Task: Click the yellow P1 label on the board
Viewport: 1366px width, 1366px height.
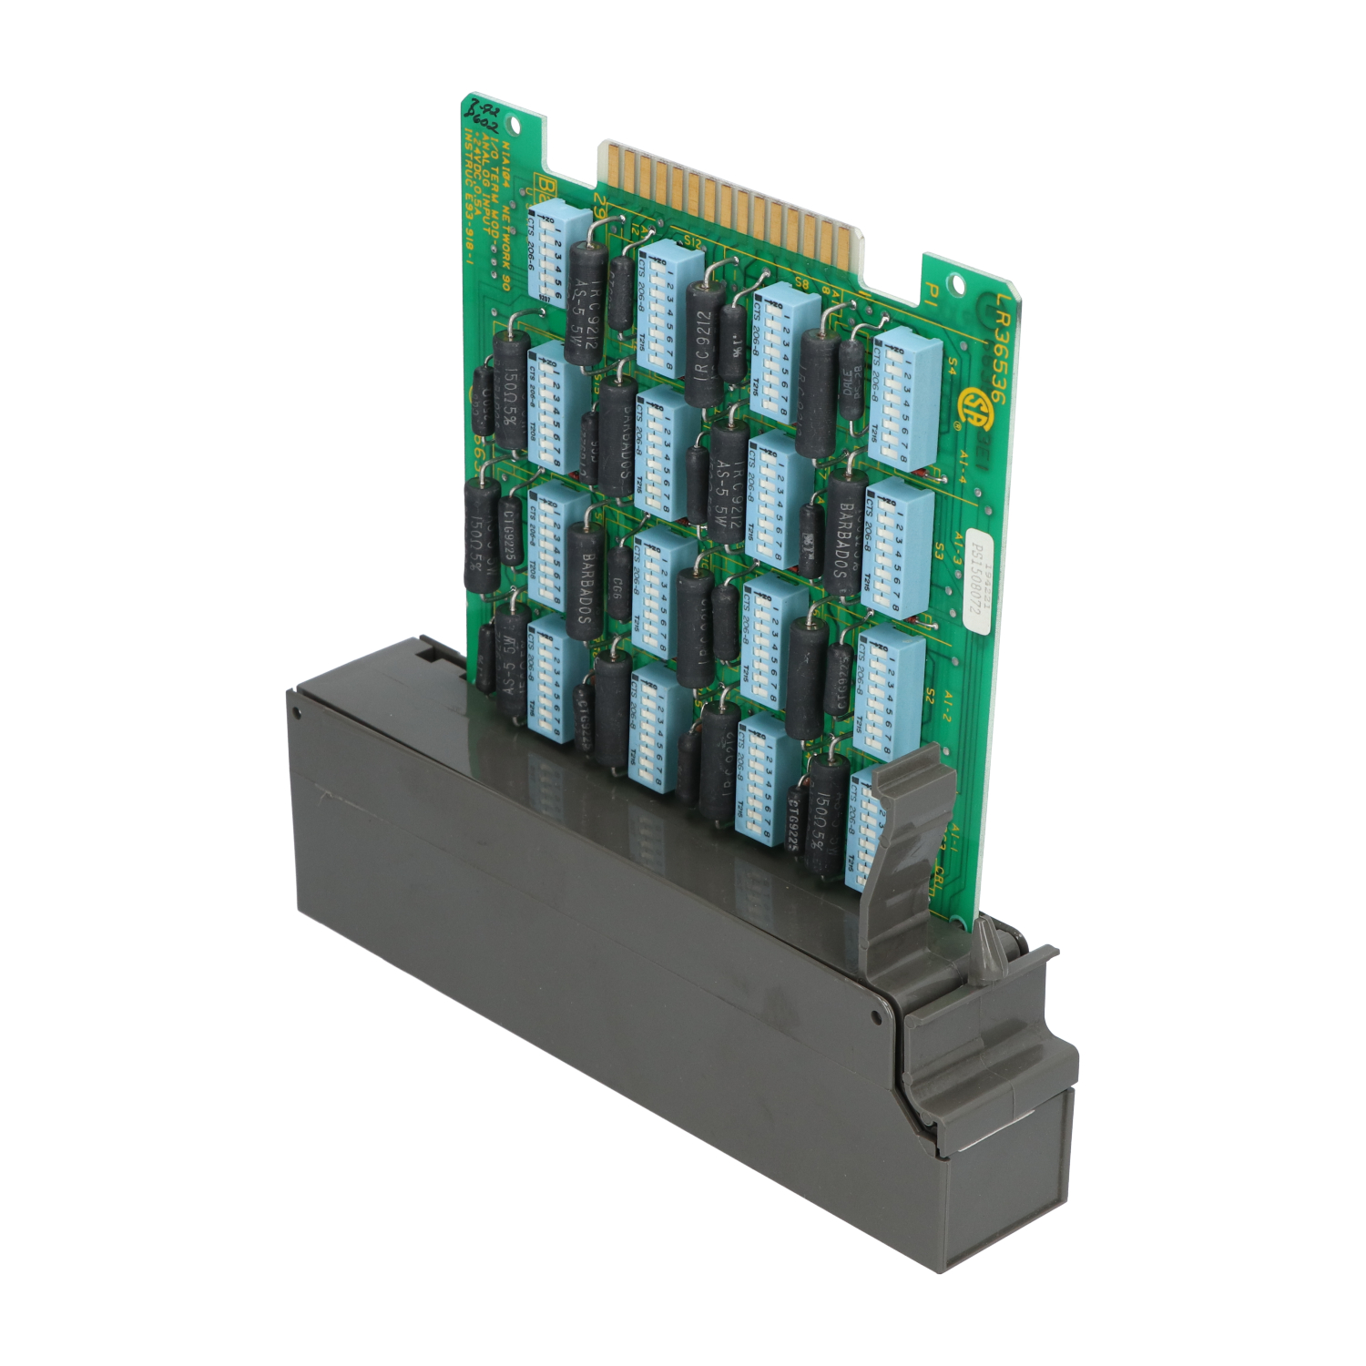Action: (931, 292)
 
